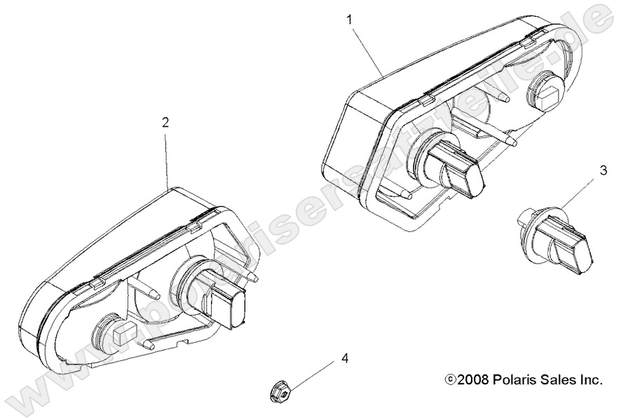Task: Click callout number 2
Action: pos(165,122)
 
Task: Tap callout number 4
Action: pos(344,359)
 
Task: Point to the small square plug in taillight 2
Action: pos(115,334)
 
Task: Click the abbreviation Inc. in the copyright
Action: pos(590,380)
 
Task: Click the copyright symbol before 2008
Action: pos(450,381)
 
